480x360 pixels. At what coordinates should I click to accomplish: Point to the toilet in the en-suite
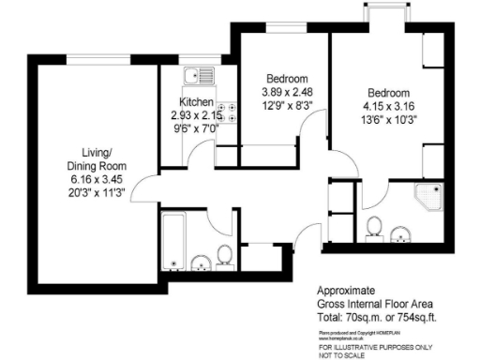[374, 226]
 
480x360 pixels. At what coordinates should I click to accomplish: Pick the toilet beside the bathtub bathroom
[224, 255]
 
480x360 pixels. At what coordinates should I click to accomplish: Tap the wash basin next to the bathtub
[202, 260]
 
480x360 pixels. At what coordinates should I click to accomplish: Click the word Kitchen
[197, 102]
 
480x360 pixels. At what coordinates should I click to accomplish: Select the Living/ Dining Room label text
[102, 156]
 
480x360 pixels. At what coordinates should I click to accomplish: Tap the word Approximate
[346, 292]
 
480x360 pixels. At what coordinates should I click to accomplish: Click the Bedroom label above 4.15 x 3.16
[389, 93]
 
